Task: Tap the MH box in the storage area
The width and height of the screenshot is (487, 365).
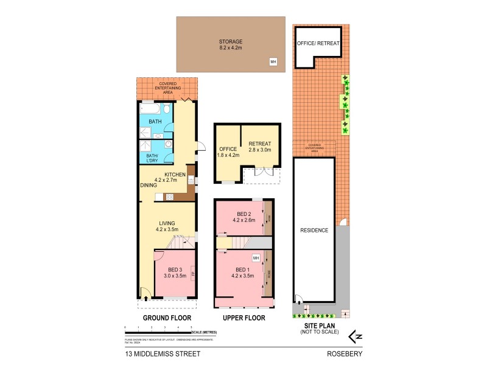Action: click(x=273, y=61)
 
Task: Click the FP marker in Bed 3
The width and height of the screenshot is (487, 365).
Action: click(x=193, y=273)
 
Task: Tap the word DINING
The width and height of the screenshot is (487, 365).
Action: click(x=149, y=185)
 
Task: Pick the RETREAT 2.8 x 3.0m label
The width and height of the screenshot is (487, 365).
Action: click(x=259, y=147)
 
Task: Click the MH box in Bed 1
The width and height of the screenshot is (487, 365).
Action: click(x=256, y=258)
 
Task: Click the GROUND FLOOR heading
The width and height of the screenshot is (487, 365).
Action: click(x=167, y=318)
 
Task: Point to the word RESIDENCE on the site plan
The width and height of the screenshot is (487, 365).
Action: click(x=314, y=231)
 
